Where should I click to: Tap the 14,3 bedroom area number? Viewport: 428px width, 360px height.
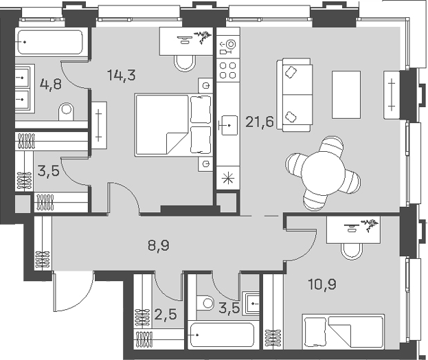pos(121,76)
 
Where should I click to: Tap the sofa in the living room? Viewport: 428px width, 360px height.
pos(291,94)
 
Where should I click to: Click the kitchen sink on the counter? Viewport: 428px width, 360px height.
pos(227,126)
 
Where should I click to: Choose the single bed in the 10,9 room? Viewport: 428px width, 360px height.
pos(342,333)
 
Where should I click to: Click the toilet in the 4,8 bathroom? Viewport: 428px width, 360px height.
pos(67,110)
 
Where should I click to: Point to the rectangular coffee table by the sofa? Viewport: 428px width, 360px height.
pos(346,94)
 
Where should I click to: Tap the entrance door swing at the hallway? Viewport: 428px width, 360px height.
pos(73,292)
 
